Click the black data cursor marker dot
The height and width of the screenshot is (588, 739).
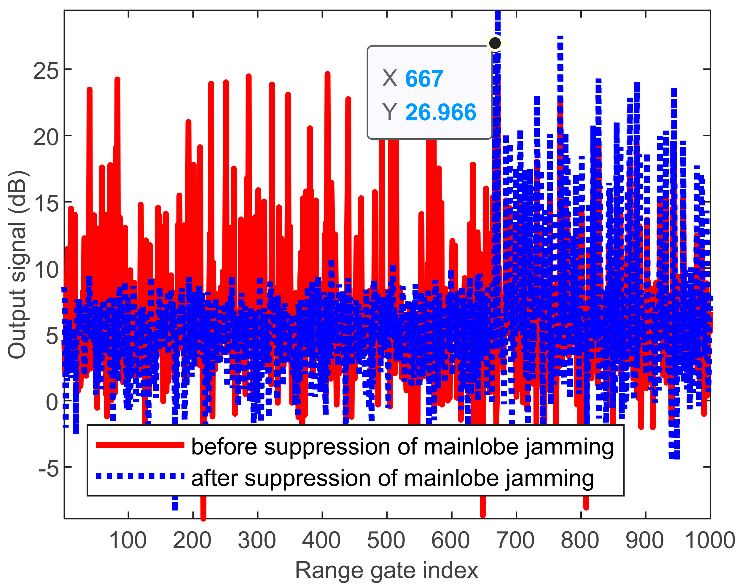(495, 43)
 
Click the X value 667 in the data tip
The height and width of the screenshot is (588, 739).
(424, 79)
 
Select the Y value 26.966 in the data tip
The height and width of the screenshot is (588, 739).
(440, 112)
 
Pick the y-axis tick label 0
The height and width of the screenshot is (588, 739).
(52, 402)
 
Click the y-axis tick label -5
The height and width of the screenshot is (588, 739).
(48, 469)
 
